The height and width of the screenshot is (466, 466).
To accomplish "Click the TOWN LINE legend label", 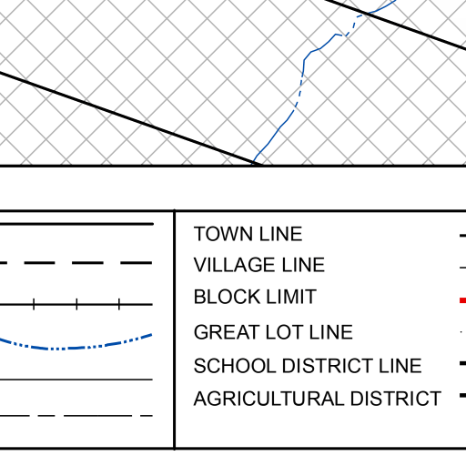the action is click(x=248, y=234).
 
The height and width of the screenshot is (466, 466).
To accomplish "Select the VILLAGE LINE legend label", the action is click(x=259, y=265).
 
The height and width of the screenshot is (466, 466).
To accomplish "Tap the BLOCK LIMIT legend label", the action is click(x=255, y=297).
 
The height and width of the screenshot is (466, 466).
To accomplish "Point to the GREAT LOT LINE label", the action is click(x=273, y=332).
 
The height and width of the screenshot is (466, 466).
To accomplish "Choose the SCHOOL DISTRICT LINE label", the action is click(x=308, y=366).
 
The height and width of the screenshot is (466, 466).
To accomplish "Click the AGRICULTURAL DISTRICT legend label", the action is click(x=318, y=399).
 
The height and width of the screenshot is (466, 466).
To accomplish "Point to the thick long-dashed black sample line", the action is click(x=76, y=263).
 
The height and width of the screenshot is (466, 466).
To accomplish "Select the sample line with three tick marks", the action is click(x=76, y=304).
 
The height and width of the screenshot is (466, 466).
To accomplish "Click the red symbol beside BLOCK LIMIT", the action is click(x=462, y=300).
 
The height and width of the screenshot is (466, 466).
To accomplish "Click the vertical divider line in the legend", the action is click(x=175, y=329).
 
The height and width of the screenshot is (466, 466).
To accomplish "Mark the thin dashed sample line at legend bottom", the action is click(x=76, y=416).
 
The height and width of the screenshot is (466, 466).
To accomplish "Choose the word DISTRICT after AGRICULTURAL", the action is click(x=396, y=399).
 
